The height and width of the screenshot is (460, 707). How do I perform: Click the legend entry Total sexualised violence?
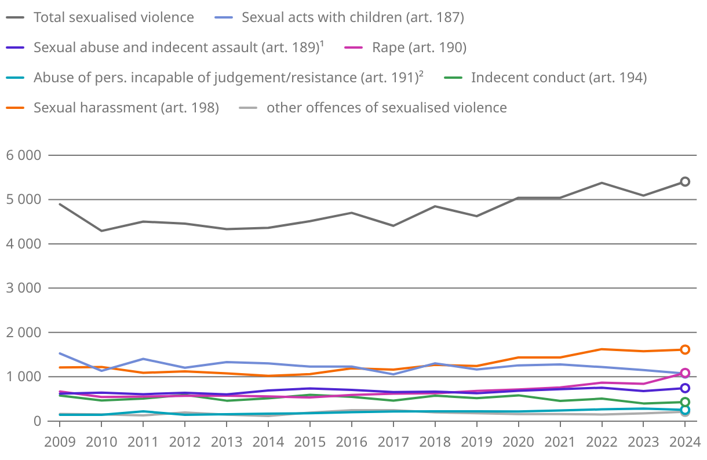pos(114,17)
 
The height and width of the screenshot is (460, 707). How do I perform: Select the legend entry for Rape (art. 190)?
pos(419,48)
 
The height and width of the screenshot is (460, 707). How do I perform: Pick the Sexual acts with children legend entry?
pos(353,17)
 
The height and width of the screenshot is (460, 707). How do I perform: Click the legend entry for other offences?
pos(387,108)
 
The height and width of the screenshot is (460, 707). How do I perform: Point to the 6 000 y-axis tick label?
pos(23,155)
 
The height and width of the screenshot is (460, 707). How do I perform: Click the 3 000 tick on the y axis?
pos(23,288)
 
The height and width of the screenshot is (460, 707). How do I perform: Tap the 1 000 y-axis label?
pos(23,377)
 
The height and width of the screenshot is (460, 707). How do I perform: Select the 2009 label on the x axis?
pos(60,442)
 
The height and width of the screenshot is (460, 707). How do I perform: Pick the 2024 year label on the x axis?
pos(684,442)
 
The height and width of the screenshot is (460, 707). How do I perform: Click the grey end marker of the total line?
pos(685,181)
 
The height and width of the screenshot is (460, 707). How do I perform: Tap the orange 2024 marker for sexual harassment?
pos(685,349)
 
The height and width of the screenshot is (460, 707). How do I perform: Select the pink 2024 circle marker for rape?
pos(685,373)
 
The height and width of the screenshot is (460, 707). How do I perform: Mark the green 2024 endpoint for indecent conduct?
pos(685,402)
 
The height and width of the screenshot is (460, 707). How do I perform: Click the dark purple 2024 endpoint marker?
pos(685,388)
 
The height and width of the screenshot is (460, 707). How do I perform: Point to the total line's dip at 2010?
pos(101,231)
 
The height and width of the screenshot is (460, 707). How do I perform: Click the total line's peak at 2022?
pos(602,183)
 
